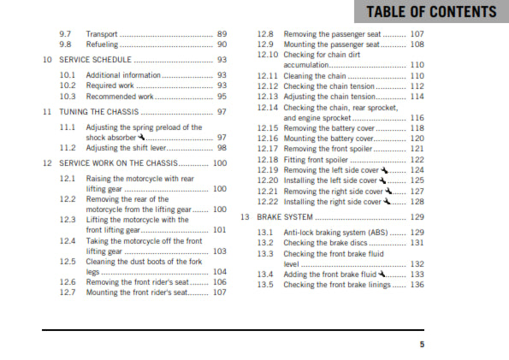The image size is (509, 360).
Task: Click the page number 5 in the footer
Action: tap(421, 345)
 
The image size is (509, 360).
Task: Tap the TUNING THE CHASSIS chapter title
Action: tap(99, 112)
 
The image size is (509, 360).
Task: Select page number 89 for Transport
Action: tap(222, 32)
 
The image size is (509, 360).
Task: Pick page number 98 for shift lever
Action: tap(222, 148)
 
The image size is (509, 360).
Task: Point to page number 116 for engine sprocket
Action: tap(417, 117)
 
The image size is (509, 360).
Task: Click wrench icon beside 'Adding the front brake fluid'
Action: tap(382, 274)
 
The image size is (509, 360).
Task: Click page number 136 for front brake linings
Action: tap(417, 285)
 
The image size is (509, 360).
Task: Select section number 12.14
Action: tap(268, 107)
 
